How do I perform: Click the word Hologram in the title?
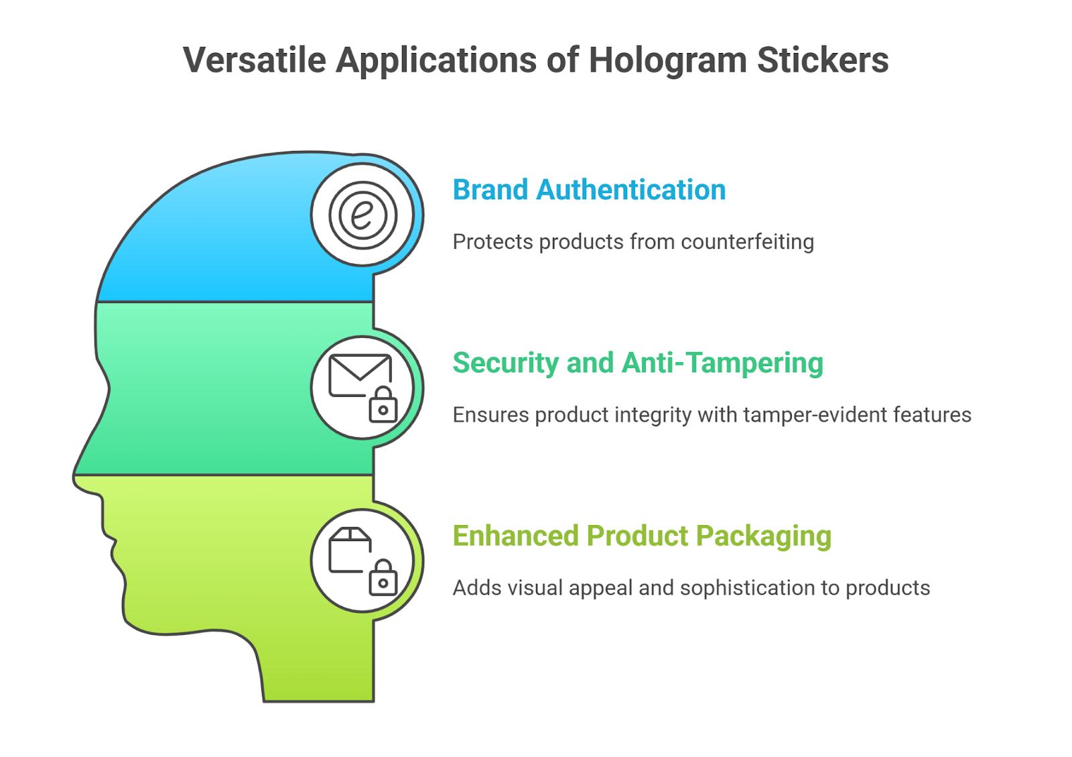pyautogui.click(x=667, y=60)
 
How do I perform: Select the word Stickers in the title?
pyautogui.click(x=822, y=60)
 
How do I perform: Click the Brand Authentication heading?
pyautogui.click(x=589, y=190)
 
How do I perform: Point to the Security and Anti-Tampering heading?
pyautogui.click(x=637, y=363)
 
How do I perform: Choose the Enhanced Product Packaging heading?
pyautogui.click(x=641, y=536)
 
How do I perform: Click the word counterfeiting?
pyautogui.click(x=746, y=241)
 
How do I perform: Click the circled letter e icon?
pyautogui.click(x=362, y=215)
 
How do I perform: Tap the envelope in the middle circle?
pyautogui.click(x=360, y=375)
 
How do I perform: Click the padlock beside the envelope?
pyautogui.click(x=383, y=405)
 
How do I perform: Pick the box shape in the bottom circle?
pyautogui.click(x=350, y=550)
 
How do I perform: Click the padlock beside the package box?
pyautogui.click(x=383, y=578)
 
